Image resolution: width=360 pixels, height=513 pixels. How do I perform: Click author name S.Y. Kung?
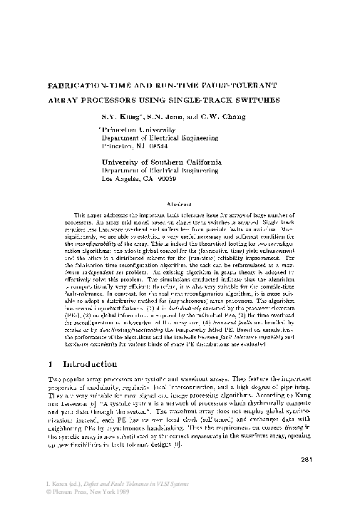118,117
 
